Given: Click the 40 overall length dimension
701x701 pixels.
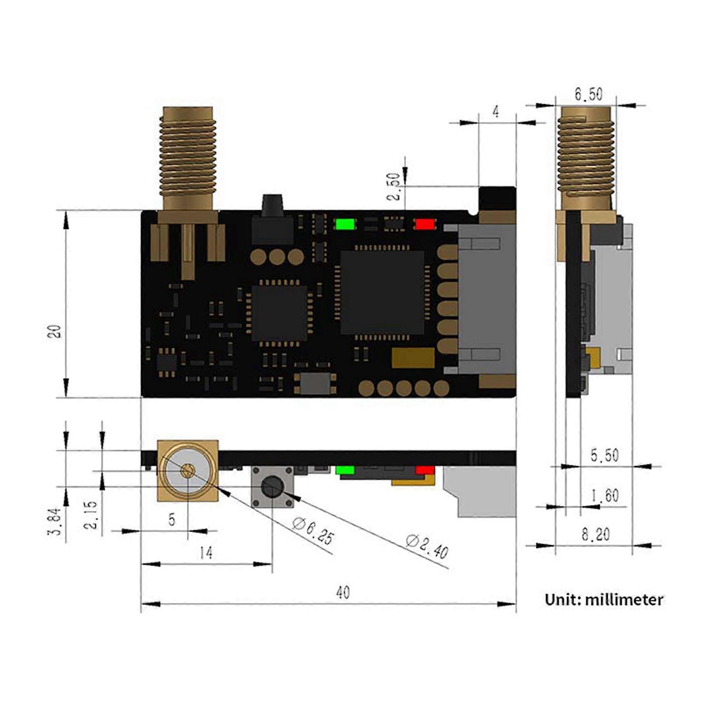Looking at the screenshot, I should pos(343,593).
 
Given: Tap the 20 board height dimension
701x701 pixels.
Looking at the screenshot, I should pos(55,332).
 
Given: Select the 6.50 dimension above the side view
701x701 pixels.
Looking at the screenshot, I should pos(588,94).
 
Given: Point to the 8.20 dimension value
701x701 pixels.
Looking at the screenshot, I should pos(595,535).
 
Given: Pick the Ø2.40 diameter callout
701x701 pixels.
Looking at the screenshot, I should pos(427,546).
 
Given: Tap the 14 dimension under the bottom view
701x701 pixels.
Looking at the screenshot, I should pos(206,553).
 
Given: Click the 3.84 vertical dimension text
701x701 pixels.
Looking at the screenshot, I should pos(55,522).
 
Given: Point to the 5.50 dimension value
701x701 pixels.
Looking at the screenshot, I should pos(605,455).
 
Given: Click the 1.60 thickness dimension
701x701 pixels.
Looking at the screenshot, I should pos(605,495).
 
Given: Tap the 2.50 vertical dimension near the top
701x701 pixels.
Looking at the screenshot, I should pos(394,186).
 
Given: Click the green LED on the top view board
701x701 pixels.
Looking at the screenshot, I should pos(345,224).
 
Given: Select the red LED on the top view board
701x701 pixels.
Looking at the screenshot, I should pos(425,224).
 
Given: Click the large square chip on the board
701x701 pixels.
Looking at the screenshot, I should pos(382,292).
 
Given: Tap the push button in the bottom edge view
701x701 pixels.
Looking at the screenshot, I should pos(273,487).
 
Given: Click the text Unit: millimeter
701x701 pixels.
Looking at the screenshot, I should pos(604,600).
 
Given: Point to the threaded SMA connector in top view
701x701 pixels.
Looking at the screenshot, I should pos(188,159).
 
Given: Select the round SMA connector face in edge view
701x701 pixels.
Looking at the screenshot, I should pos(188,471).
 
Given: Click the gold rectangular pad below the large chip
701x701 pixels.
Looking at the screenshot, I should pos(413,358).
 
